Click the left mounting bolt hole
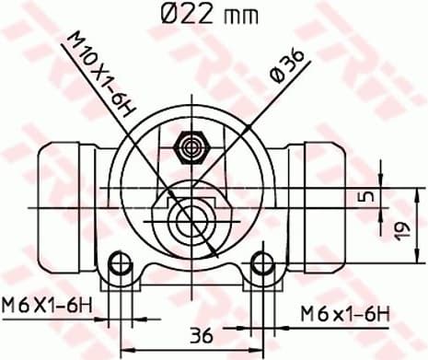point(119,267)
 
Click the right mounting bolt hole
point(265,267)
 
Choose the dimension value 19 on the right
point(401,229)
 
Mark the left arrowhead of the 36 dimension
point(124,349)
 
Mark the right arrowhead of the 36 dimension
point(260,349)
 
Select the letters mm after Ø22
point(242,16)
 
